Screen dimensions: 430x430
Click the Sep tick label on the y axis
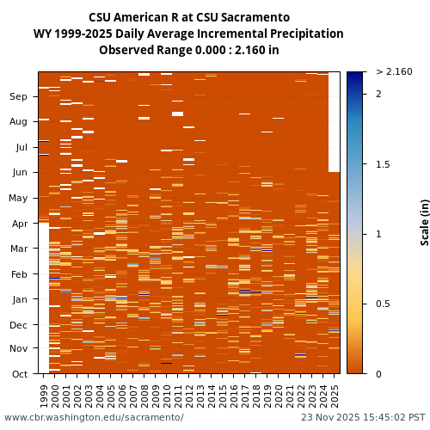pos(19,97)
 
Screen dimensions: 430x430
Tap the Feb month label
pos(19,274)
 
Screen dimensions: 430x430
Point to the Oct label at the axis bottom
pos(19,374)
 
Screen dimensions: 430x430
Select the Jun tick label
pos(19,173)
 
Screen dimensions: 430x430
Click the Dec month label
pos(19,325)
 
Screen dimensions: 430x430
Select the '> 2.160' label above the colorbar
pos(394,71)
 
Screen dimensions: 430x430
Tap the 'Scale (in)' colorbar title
pos(425,222)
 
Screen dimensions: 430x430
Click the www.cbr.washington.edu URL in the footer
pos(94,418)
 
